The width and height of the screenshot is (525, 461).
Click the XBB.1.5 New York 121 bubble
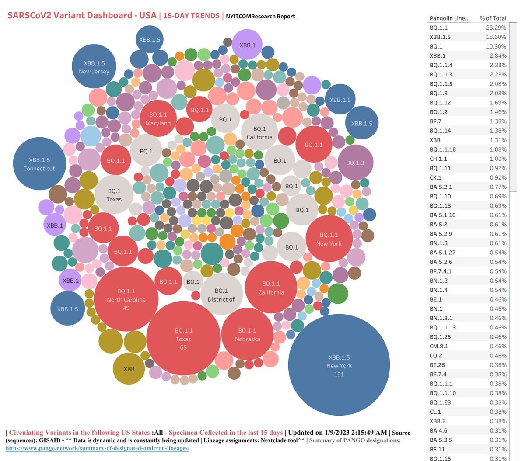[339, 365]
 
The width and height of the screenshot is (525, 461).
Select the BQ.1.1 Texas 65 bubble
[183, 339]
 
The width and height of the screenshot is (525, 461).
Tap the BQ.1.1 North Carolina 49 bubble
[126, 299]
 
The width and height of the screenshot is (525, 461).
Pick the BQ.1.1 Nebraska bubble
[247, 335]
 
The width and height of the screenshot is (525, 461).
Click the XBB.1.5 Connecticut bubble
[39, 164]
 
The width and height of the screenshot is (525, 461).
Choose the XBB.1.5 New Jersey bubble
[94, 67]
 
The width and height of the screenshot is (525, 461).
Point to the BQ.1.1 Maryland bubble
[158, 118]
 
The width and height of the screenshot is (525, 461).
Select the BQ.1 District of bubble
[221, 295]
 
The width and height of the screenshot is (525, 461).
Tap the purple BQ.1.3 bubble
[355, 163]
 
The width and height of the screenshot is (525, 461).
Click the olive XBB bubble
[129, 369]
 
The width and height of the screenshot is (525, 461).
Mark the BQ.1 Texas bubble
[114, 195]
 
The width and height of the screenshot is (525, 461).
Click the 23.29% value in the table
[496, 28]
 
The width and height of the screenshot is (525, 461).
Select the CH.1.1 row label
[438, 159]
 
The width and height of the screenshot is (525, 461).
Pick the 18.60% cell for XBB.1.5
[496, 37]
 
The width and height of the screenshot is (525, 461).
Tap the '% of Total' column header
[493, 18]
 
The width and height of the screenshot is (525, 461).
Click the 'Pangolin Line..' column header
[448, 18]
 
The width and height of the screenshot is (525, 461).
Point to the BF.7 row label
[435, 121]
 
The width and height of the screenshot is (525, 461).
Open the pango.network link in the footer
[97, 448]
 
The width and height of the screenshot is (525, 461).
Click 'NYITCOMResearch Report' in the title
[260, 17]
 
